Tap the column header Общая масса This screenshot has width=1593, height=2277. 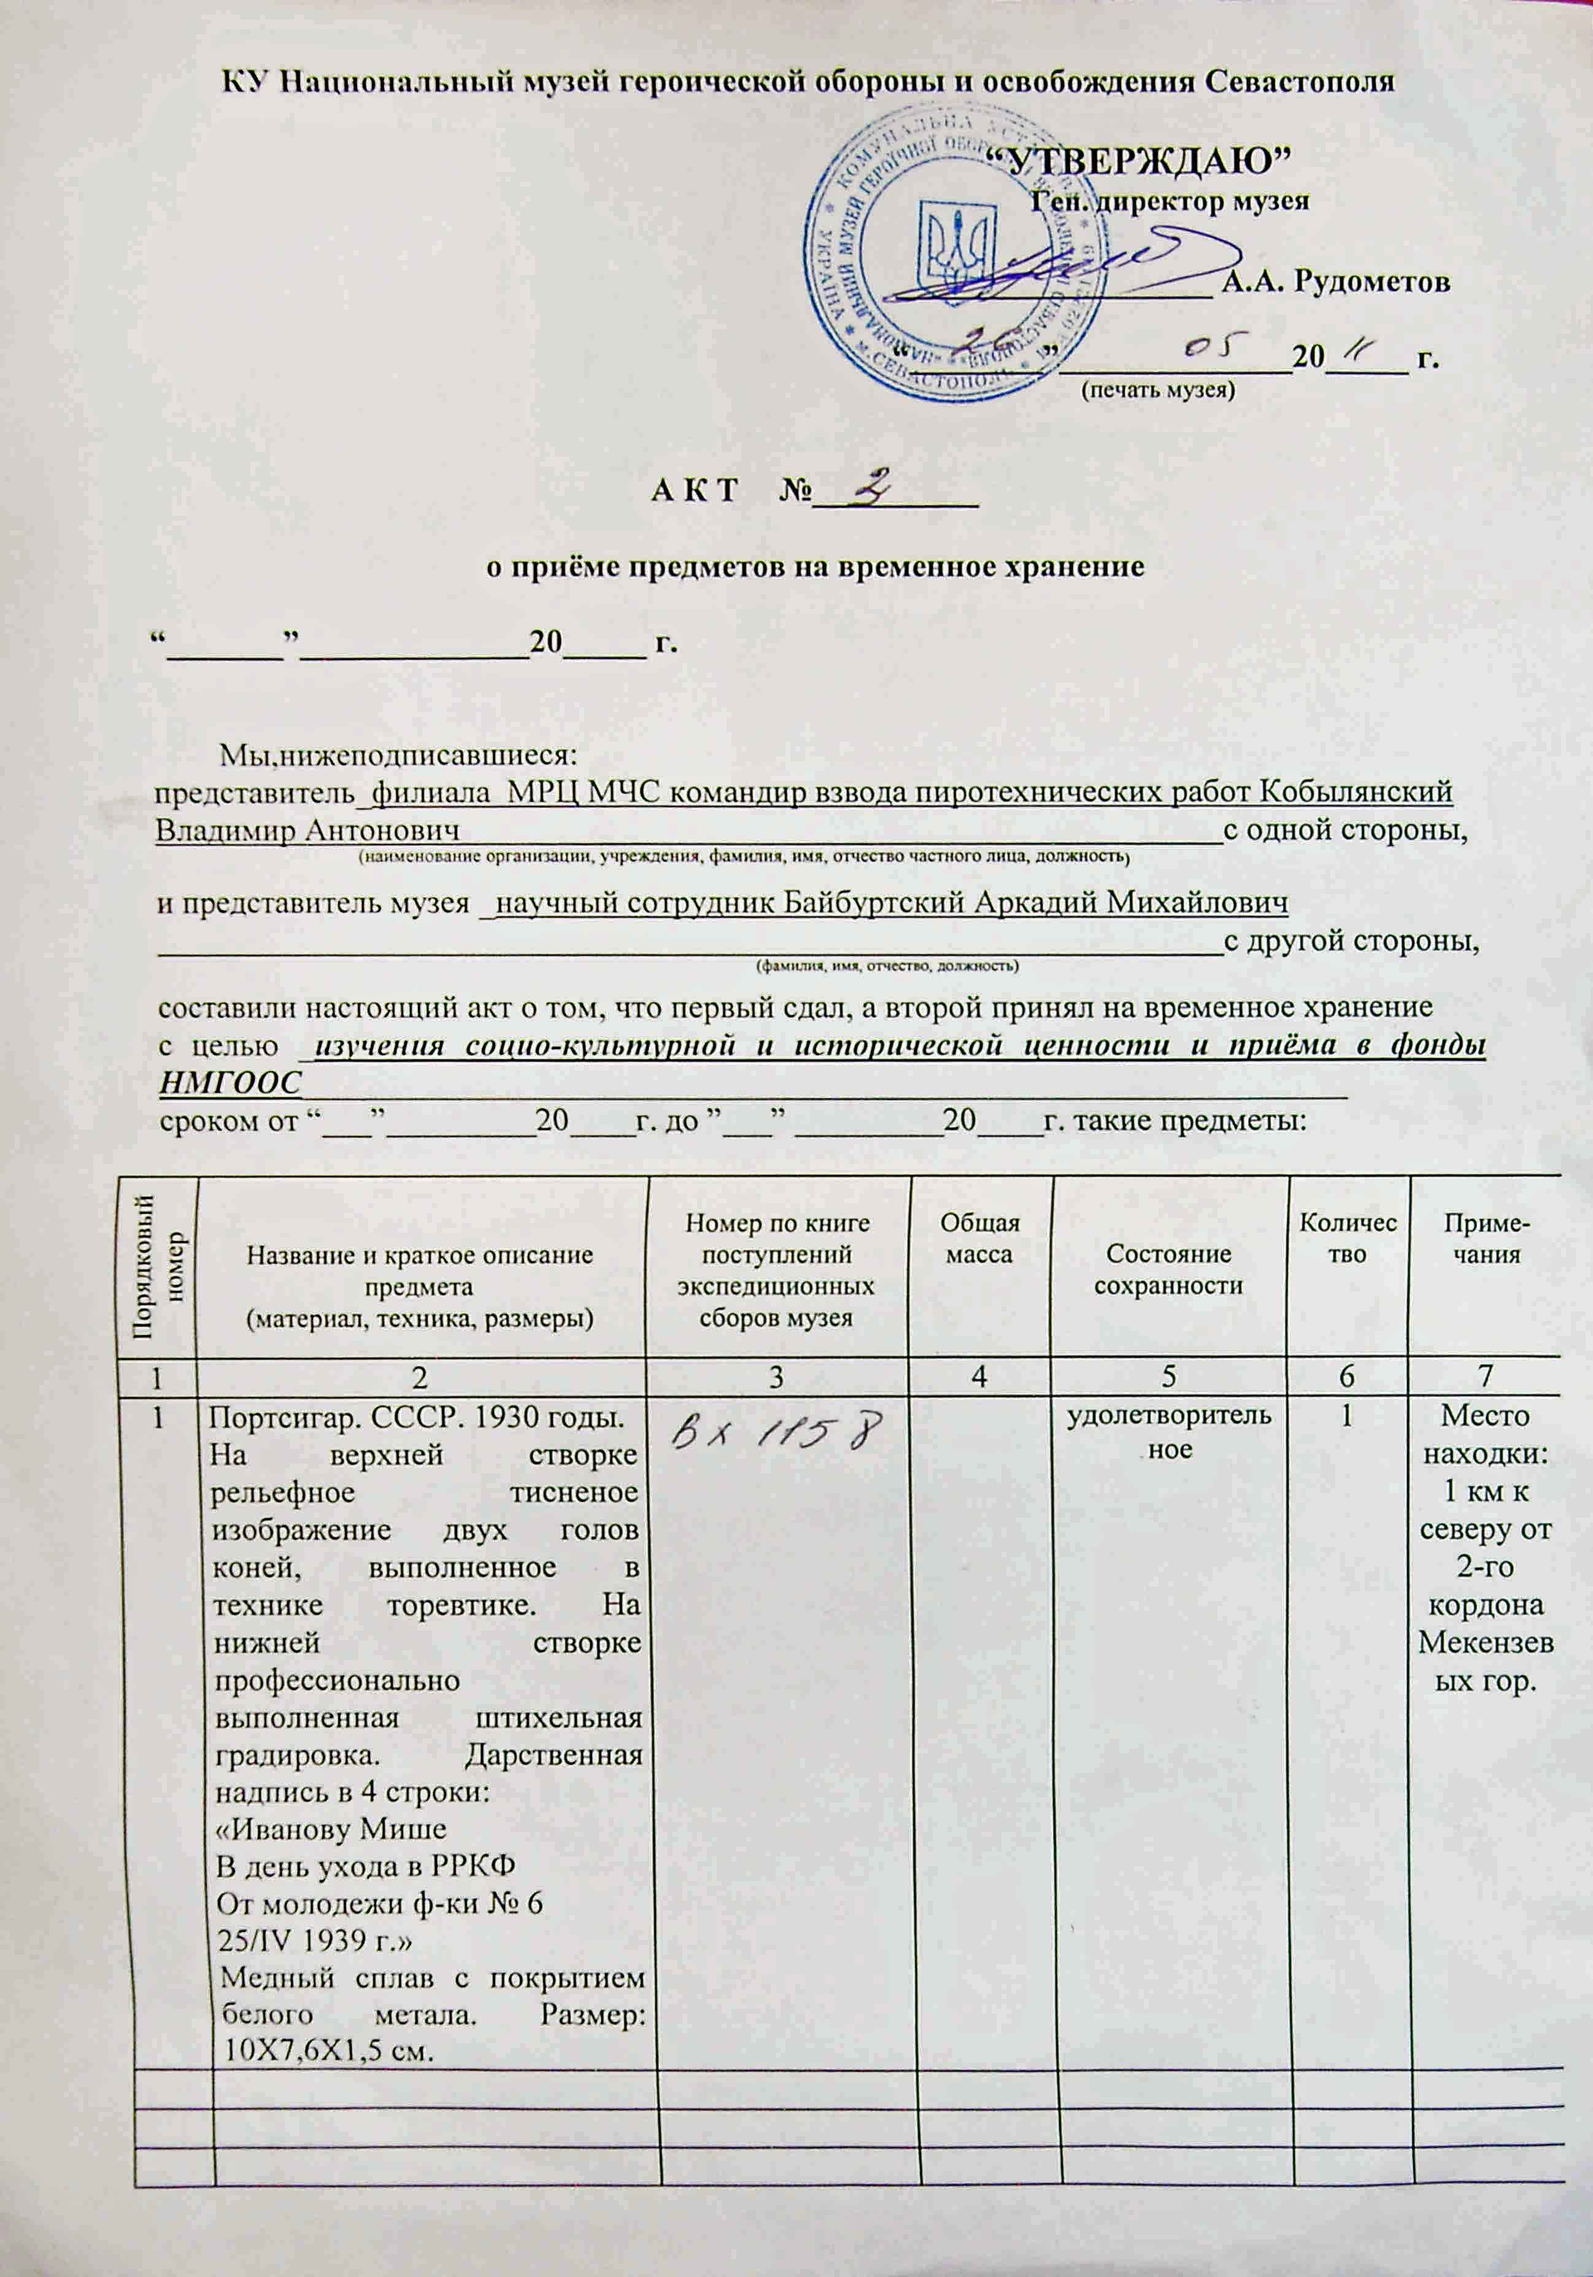point(979,1239)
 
